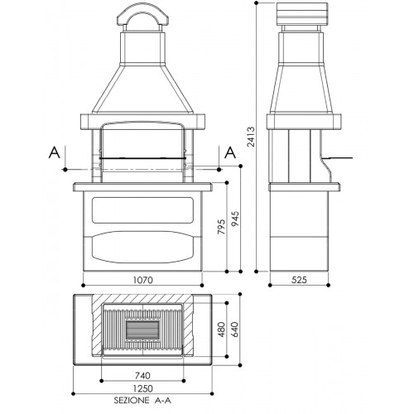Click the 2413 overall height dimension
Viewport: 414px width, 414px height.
[251, 137]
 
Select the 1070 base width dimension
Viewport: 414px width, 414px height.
[142, 280]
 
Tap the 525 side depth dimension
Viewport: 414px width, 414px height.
[299, 280]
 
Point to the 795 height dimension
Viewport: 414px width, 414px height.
[221, 227]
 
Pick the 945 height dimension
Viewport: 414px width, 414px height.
[235, 219]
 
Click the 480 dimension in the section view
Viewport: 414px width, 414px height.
[221, 330]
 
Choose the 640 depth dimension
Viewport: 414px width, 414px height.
[235, 330]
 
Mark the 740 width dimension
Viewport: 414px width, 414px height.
[142, 375]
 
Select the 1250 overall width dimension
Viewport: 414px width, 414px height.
[142, 388]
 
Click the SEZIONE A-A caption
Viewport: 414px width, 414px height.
[142, 401]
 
